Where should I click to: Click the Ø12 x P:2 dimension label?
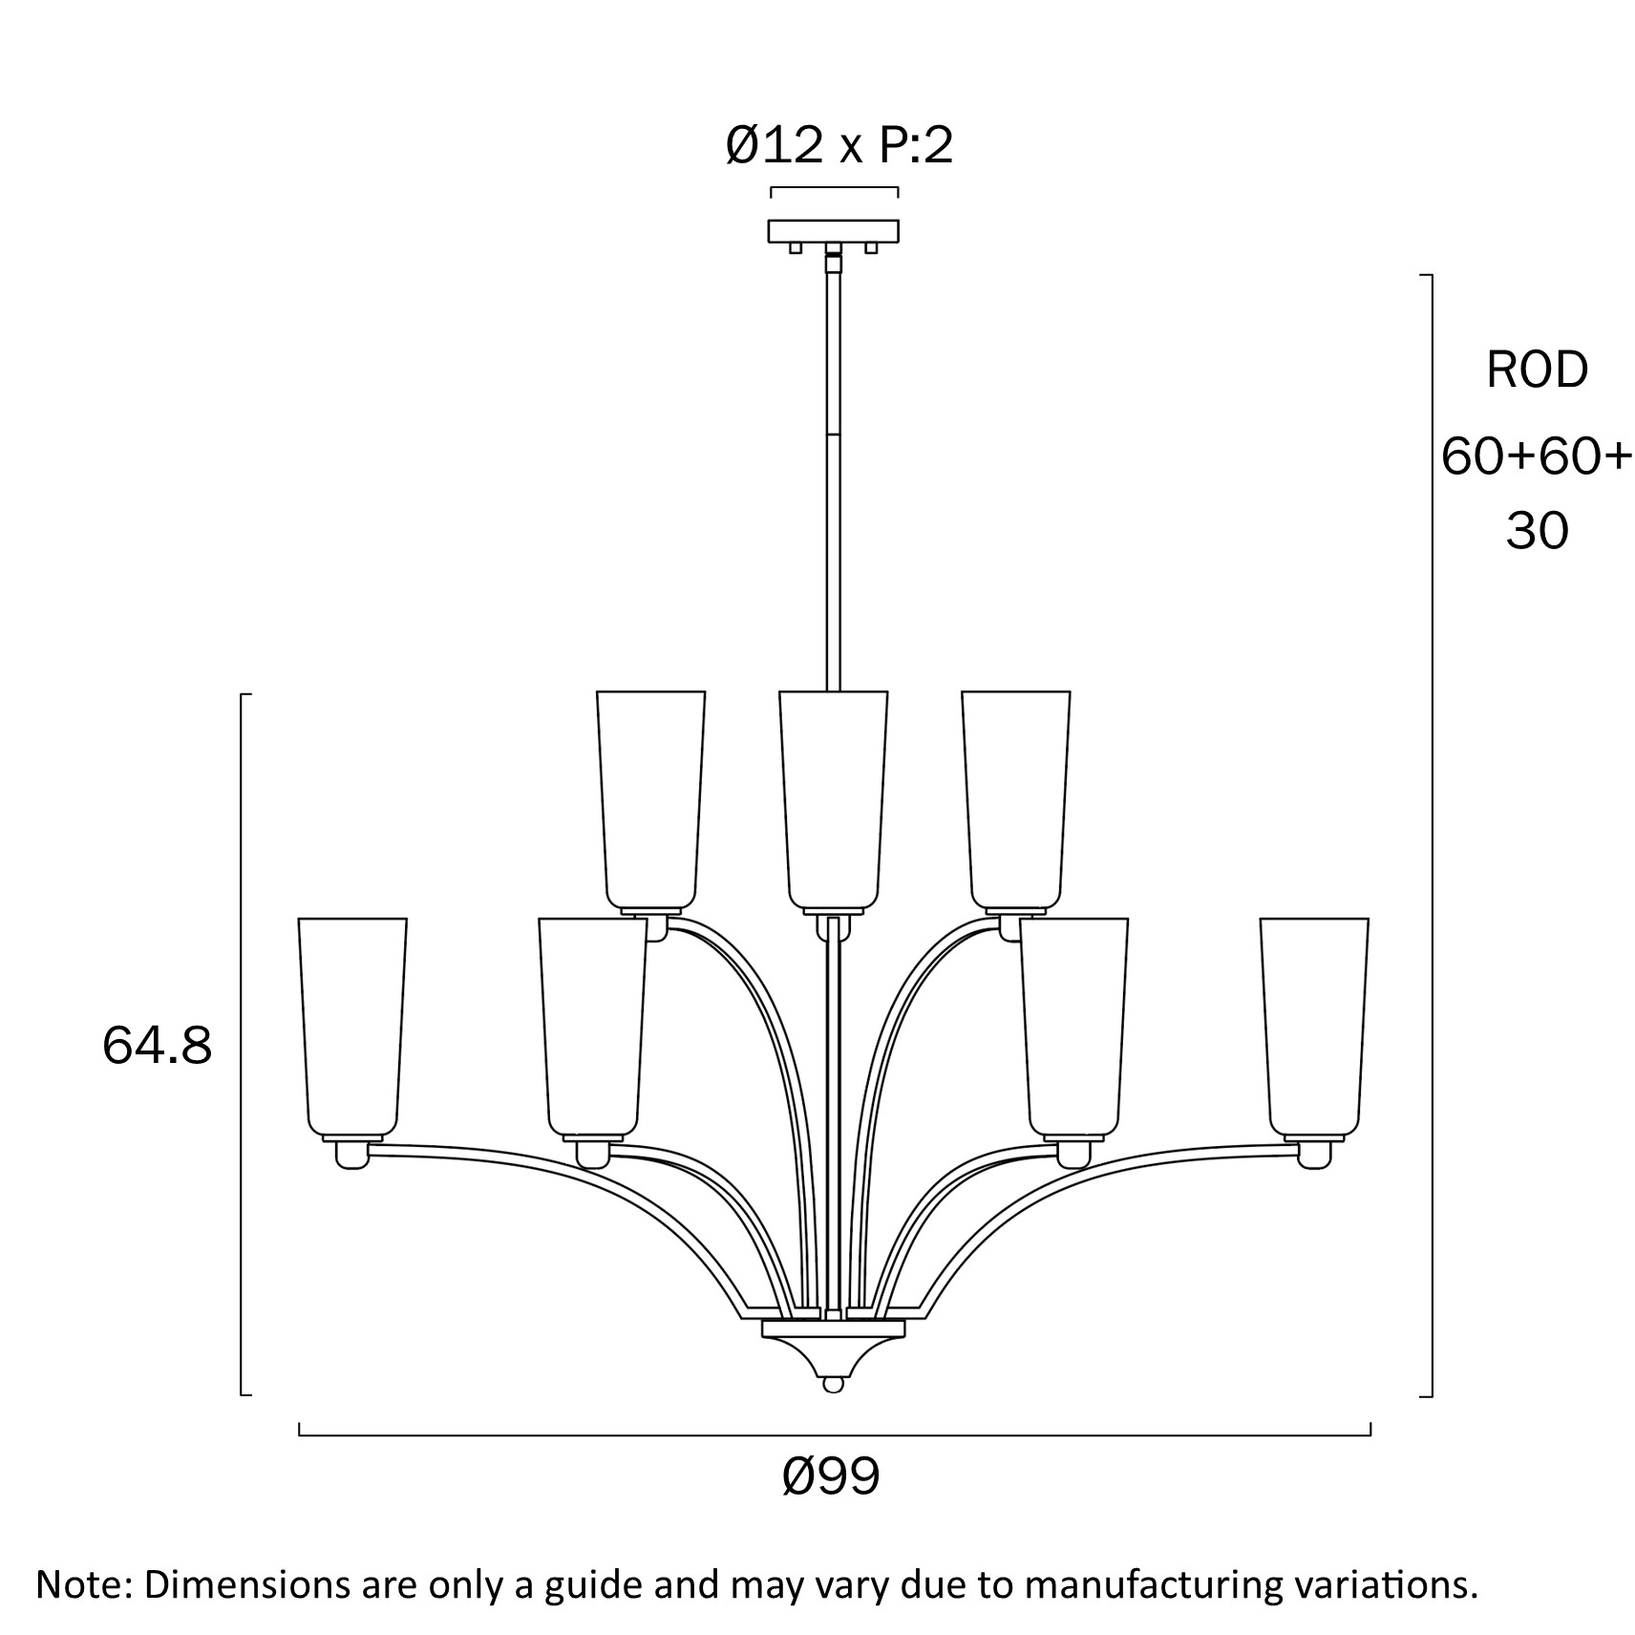tap(839, 146)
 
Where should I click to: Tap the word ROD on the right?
tap(1537, 370)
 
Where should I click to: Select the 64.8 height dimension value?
tap(157, 1046)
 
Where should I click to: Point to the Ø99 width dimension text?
tap(830, 1477)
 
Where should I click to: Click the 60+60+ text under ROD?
tap(1537, 456)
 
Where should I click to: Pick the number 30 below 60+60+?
tap(1537, 530)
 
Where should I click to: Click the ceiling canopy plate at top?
tap(834, 230)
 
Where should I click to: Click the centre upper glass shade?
tap(833, 797)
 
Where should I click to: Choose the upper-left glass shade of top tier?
tap(650, 797)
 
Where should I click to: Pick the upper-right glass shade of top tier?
tap(1015, 797)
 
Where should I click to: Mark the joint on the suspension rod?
tap(835, 435)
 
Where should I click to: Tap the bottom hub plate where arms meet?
tap(833, 1328)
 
